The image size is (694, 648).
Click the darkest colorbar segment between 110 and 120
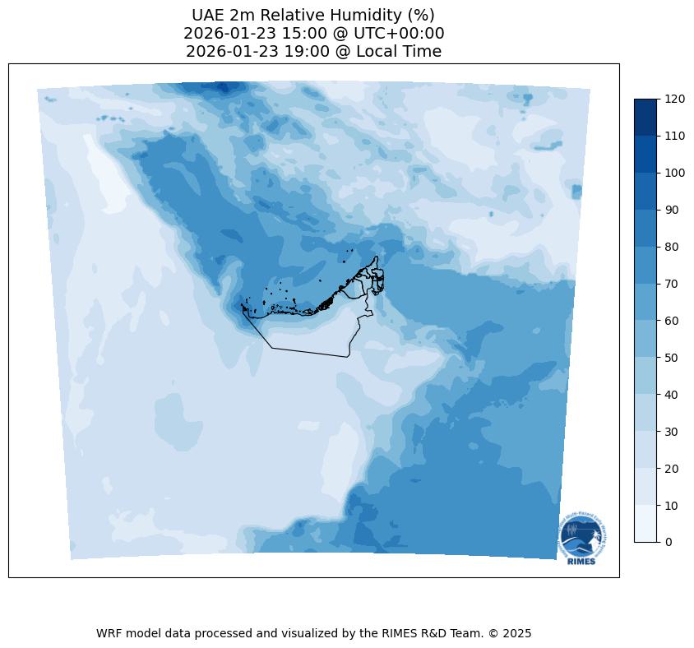[x=645, y=117]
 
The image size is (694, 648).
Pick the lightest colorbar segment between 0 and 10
[x=645, y=524]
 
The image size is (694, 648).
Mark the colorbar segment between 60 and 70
[x=645, y=302]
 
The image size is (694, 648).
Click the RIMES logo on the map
[x=583, y=538]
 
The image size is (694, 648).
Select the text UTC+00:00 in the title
[x=399, y=34]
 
